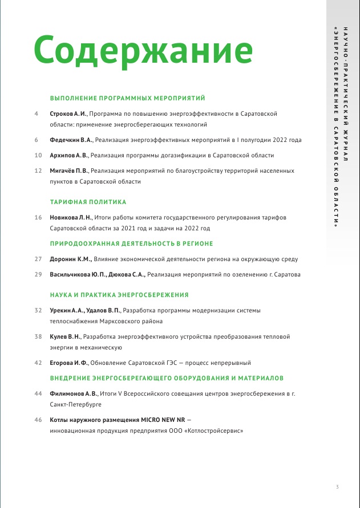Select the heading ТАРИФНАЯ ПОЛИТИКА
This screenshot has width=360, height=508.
pos(88,202)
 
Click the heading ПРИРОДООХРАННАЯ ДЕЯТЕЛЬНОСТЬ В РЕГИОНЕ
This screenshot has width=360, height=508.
pos(131,243)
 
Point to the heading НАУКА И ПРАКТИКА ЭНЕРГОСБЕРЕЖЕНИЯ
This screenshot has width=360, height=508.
pos(119,295)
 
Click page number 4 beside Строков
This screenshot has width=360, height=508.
pos(37,114)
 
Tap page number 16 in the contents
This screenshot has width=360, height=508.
pos(38,218)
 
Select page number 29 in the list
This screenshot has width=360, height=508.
pos(38,274)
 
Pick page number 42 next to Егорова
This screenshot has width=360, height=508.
pos(38,363)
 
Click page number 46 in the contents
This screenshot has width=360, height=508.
pos(38,420)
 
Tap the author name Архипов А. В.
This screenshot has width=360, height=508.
pos(68,155)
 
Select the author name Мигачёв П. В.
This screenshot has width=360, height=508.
pos(68,170)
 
